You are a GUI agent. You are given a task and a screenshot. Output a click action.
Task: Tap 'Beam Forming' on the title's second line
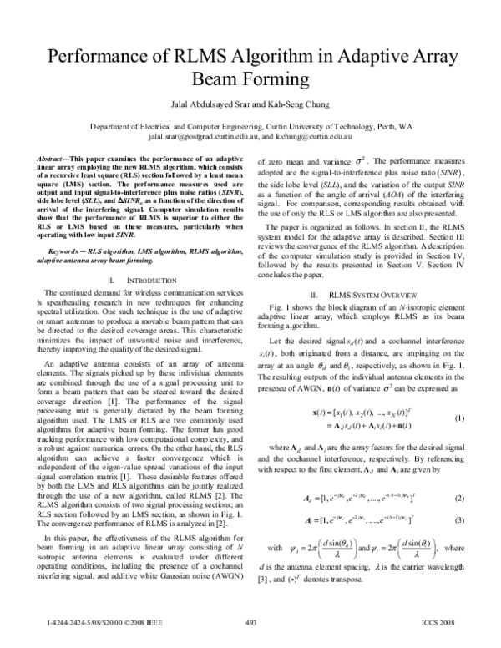pos(250,80)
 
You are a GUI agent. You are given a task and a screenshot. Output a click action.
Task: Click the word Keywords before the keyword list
pos(68,227)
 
